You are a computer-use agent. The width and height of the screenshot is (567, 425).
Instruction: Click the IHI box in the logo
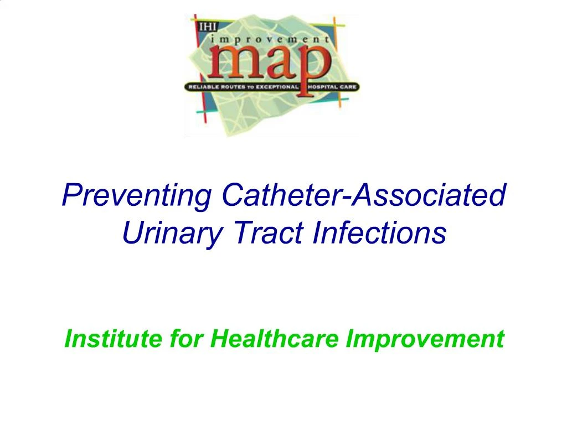point(200,24)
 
